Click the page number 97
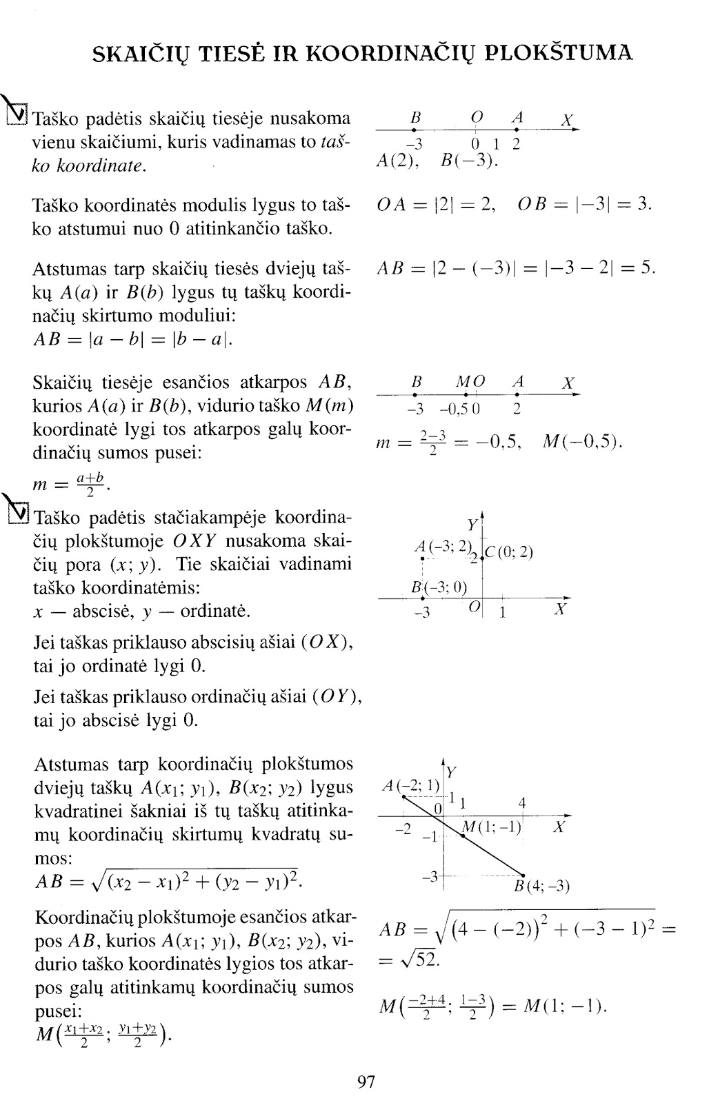coord(366,1082)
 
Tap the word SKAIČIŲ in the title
coord(143,53)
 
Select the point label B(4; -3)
coord(542,886)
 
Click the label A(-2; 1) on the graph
coord(411,785)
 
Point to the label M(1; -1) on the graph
coord(492,827)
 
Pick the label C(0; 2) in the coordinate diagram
coord(509,552)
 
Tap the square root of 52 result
coord(410,959)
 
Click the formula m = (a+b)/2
coord(72,485)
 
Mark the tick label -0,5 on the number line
coord(455,410)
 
